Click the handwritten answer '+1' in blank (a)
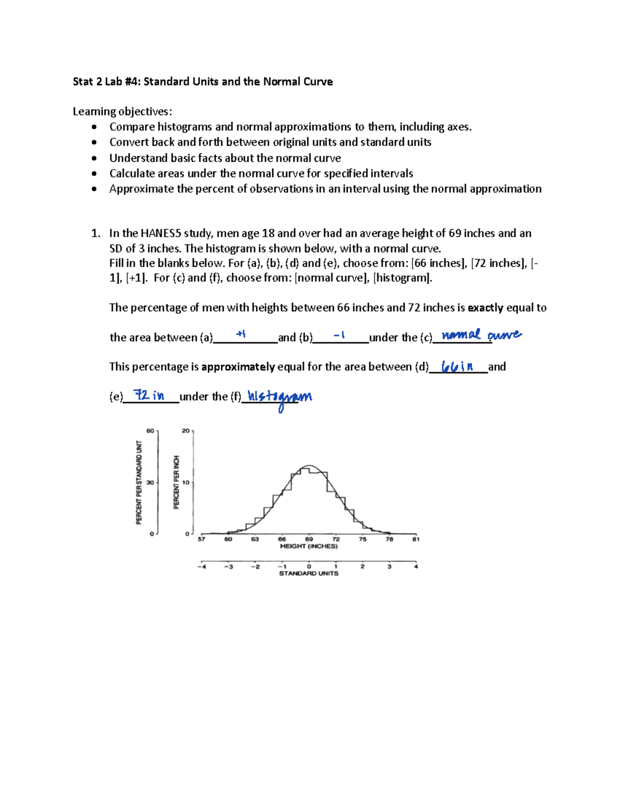coord(240,334)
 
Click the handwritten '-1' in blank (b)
coord(339,335)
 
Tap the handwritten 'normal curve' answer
coord(482,335)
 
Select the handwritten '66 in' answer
coord(457,366)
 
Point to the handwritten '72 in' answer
coord(149,395)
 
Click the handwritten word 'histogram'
coord(280,397)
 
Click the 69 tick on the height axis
coord(309,539)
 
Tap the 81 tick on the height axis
coord(416,539)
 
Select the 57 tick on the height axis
coord(202,539)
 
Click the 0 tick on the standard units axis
coord(309,566)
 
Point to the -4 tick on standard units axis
coord(201,566)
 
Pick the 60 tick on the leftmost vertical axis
coord(150,430)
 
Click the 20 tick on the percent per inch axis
coord(185,430)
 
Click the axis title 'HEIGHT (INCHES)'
coord(308,546)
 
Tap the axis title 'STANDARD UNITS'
coord(308,574)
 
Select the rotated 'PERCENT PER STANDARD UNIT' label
coord(138,482)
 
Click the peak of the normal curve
coord(308,466)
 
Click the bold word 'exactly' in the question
coord(485,308)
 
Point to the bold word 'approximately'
coord(238,367)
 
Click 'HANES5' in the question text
coord(161,233)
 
